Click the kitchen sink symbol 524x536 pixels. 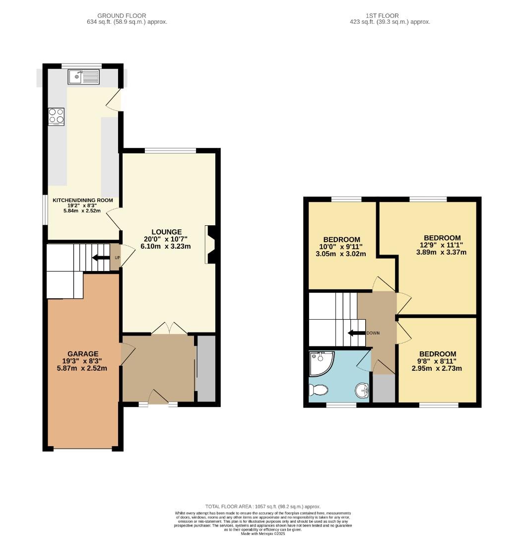(x=84, y=76)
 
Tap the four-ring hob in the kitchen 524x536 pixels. (x=56, y=116)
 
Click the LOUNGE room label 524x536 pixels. (x=166, y=232)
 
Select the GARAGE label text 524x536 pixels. (x=83, y=354)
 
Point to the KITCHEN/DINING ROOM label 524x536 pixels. (x=83, y=201)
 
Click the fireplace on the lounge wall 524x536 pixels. (x=210, y=245)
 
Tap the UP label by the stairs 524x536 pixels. (x=117, y=258)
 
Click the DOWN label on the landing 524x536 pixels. (x=373, y=333)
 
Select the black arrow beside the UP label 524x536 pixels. (x=101, y=258)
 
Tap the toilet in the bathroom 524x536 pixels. (x=318, y=391)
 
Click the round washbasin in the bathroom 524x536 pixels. (x=362, y=391)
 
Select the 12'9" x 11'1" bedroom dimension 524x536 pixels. (x=442, y=245)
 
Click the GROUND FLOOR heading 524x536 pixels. (x=122, y=16)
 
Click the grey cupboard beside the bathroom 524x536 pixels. (x=384, y=388)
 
